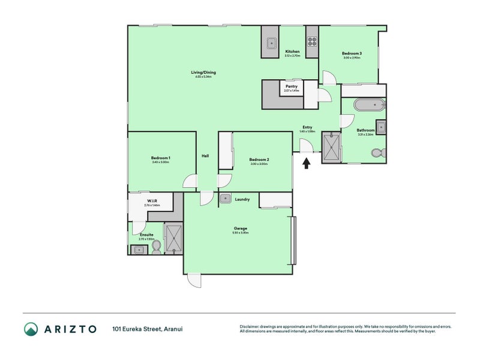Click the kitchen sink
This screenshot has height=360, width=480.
coord(271,42)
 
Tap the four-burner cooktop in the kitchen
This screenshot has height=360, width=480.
coord(312,41)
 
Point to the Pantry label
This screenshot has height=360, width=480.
coord(292,86)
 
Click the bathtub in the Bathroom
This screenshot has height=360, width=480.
coord(368,105)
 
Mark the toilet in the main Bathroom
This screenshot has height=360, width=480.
coord(377,153)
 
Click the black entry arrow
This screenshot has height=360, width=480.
coord(307,163)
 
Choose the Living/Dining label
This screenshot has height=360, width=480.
coord(205,73)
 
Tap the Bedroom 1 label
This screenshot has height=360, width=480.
coord(161,158)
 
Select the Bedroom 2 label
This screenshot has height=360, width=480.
coord(259,159)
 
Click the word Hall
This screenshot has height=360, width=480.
coord(205,156)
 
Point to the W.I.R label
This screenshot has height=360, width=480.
coord(152,201)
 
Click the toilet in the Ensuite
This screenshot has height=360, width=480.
coord(156,247)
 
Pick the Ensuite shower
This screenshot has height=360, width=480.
coord(175,238)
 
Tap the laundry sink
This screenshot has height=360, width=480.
coord(226,199)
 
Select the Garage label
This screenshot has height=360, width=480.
coord(241,228)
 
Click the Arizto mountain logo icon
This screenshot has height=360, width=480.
coord(31,329)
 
